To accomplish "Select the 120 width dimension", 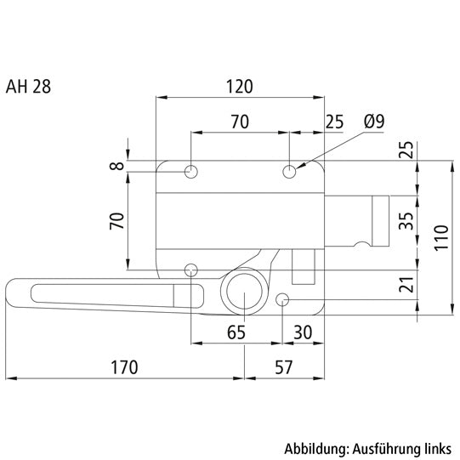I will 240,85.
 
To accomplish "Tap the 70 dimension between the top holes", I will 240,122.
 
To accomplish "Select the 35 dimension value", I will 406,222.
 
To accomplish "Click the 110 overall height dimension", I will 440,234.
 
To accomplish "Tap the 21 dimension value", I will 406,286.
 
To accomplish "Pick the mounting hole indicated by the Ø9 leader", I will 291,172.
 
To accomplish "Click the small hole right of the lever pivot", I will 284,298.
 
